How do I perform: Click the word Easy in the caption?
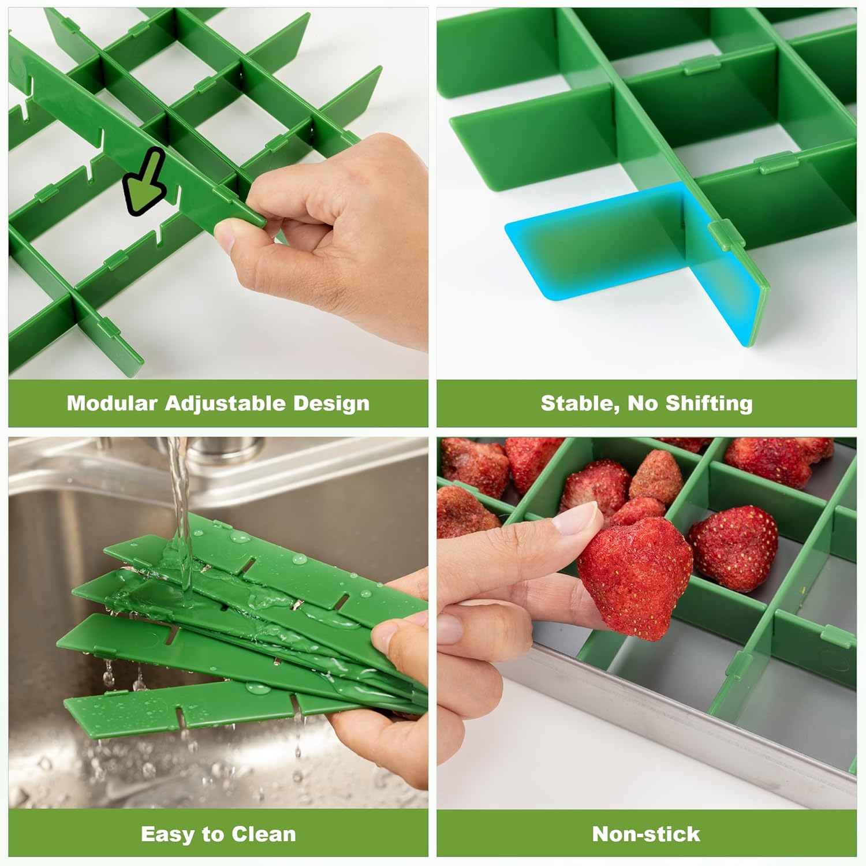point(167,834)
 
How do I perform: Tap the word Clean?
point(264,834)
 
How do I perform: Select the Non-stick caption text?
point(646,834)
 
